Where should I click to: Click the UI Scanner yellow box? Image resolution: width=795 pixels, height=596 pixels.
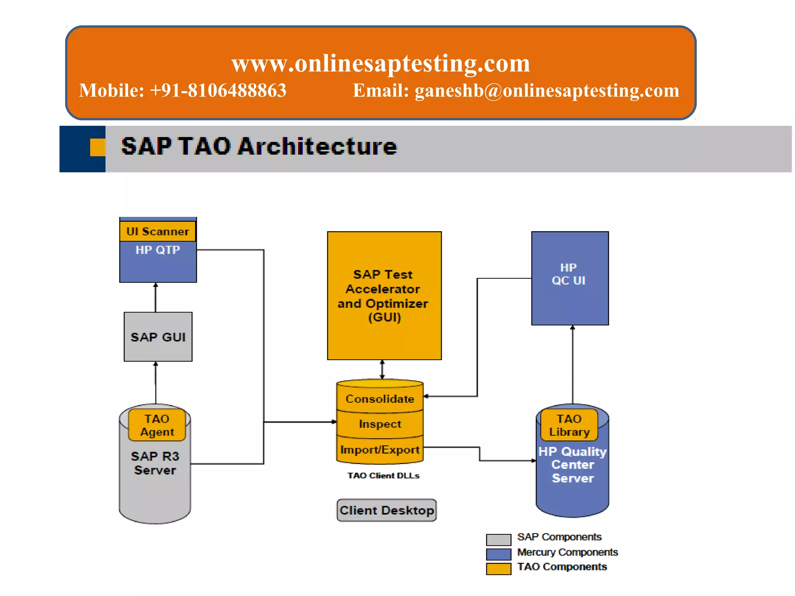point(158,231)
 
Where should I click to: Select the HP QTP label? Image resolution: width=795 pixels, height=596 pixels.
point(158,250)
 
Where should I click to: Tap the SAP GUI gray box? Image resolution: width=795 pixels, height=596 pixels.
point(158,337)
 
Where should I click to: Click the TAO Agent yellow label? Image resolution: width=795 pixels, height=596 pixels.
point(157,425)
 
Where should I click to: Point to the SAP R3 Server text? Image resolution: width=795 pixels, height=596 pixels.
point(155,463)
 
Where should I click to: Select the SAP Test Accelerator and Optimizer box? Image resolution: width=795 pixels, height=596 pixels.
point(384,296)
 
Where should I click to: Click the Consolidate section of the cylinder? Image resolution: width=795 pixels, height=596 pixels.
point(380,399)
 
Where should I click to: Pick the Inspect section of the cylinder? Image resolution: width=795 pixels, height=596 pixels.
point(380,424)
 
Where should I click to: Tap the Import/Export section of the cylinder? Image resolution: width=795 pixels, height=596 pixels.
point(380,450)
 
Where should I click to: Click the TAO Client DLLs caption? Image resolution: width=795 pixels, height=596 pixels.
point(383,476)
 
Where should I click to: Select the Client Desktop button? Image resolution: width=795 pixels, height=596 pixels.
point(387,510)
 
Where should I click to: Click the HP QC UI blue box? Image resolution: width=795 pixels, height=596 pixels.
point(569,278)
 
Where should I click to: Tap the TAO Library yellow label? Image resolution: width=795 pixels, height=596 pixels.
point(569,425)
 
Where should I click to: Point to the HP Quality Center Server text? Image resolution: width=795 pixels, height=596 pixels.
point(573,465)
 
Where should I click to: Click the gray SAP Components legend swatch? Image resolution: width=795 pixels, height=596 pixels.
point(498,540)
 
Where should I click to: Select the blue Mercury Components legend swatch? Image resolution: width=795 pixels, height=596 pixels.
point(498,554)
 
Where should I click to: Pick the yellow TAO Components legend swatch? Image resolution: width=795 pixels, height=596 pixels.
point(498,569)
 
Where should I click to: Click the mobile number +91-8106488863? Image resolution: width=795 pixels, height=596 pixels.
point(218,90)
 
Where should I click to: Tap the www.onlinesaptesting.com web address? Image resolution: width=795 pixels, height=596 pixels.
point(380,63)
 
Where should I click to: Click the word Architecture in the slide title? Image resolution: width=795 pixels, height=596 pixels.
point(317,147)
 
